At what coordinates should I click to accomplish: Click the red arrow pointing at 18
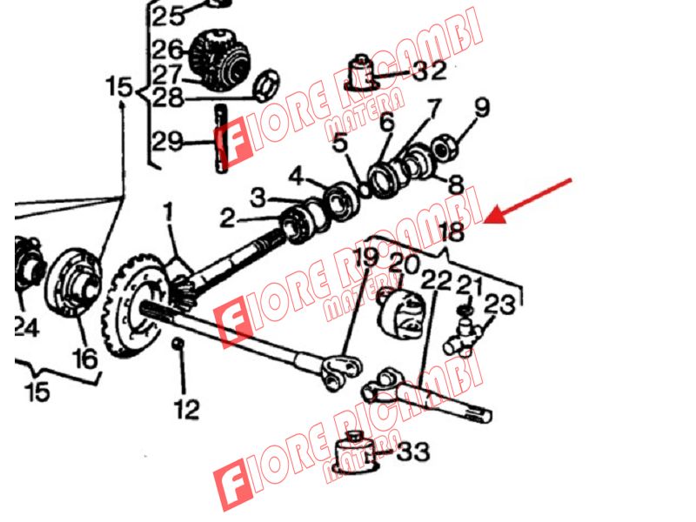coord(527,201)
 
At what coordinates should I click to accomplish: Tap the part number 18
coord(451,231)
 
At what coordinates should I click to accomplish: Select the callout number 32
coord(429,70)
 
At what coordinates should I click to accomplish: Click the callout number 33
coord(413,452)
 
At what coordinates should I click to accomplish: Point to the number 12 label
coord(186,409)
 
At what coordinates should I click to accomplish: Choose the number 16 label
coord(84,358)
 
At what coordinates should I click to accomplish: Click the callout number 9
coord(482,107)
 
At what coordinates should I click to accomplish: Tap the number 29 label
coord(167,141)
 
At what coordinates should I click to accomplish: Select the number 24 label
coord(27,328)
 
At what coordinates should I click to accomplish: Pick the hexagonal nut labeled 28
coord(266,85)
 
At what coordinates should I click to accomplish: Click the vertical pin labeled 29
coord(221,138)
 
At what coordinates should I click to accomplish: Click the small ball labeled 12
coord(178,343)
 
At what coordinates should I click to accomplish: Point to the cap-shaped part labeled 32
coord(362,73)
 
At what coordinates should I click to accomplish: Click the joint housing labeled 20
coord(402,314)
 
